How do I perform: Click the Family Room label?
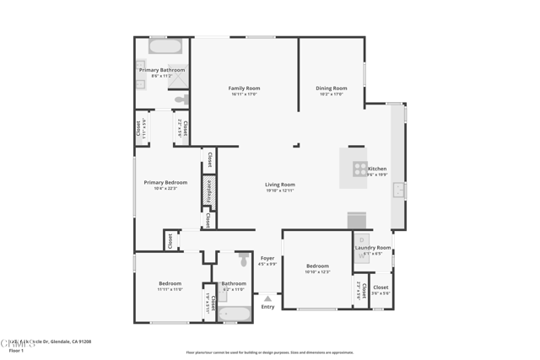(244, 88)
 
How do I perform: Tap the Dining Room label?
(331, 88)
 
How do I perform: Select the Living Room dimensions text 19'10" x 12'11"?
(279, 191)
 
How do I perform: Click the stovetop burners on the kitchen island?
(359, 169)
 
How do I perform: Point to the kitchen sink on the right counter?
(398, 190)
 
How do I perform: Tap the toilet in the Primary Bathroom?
(181, 99)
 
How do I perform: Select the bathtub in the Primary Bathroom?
(165, 46)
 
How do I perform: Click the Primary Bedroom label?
(165, 182)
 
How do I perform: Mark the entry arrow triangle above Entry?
(267, 298)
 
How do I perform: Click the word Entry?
(267, 307)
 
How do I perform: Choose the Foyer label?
(267, 258)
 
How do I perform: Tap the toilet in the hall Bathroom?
(244, 260)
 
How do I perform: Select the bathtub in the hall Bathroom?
(234, 314)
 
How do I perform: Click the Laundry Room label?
(373, 248)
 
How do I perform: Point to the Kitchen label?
(376, 169)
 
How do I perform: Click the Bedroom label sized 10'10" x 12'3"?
(317, 266)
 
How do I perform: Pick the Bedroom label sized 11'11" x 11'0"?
(170, 283)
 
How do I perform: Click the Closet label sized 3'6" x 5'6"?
(381, 287)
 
